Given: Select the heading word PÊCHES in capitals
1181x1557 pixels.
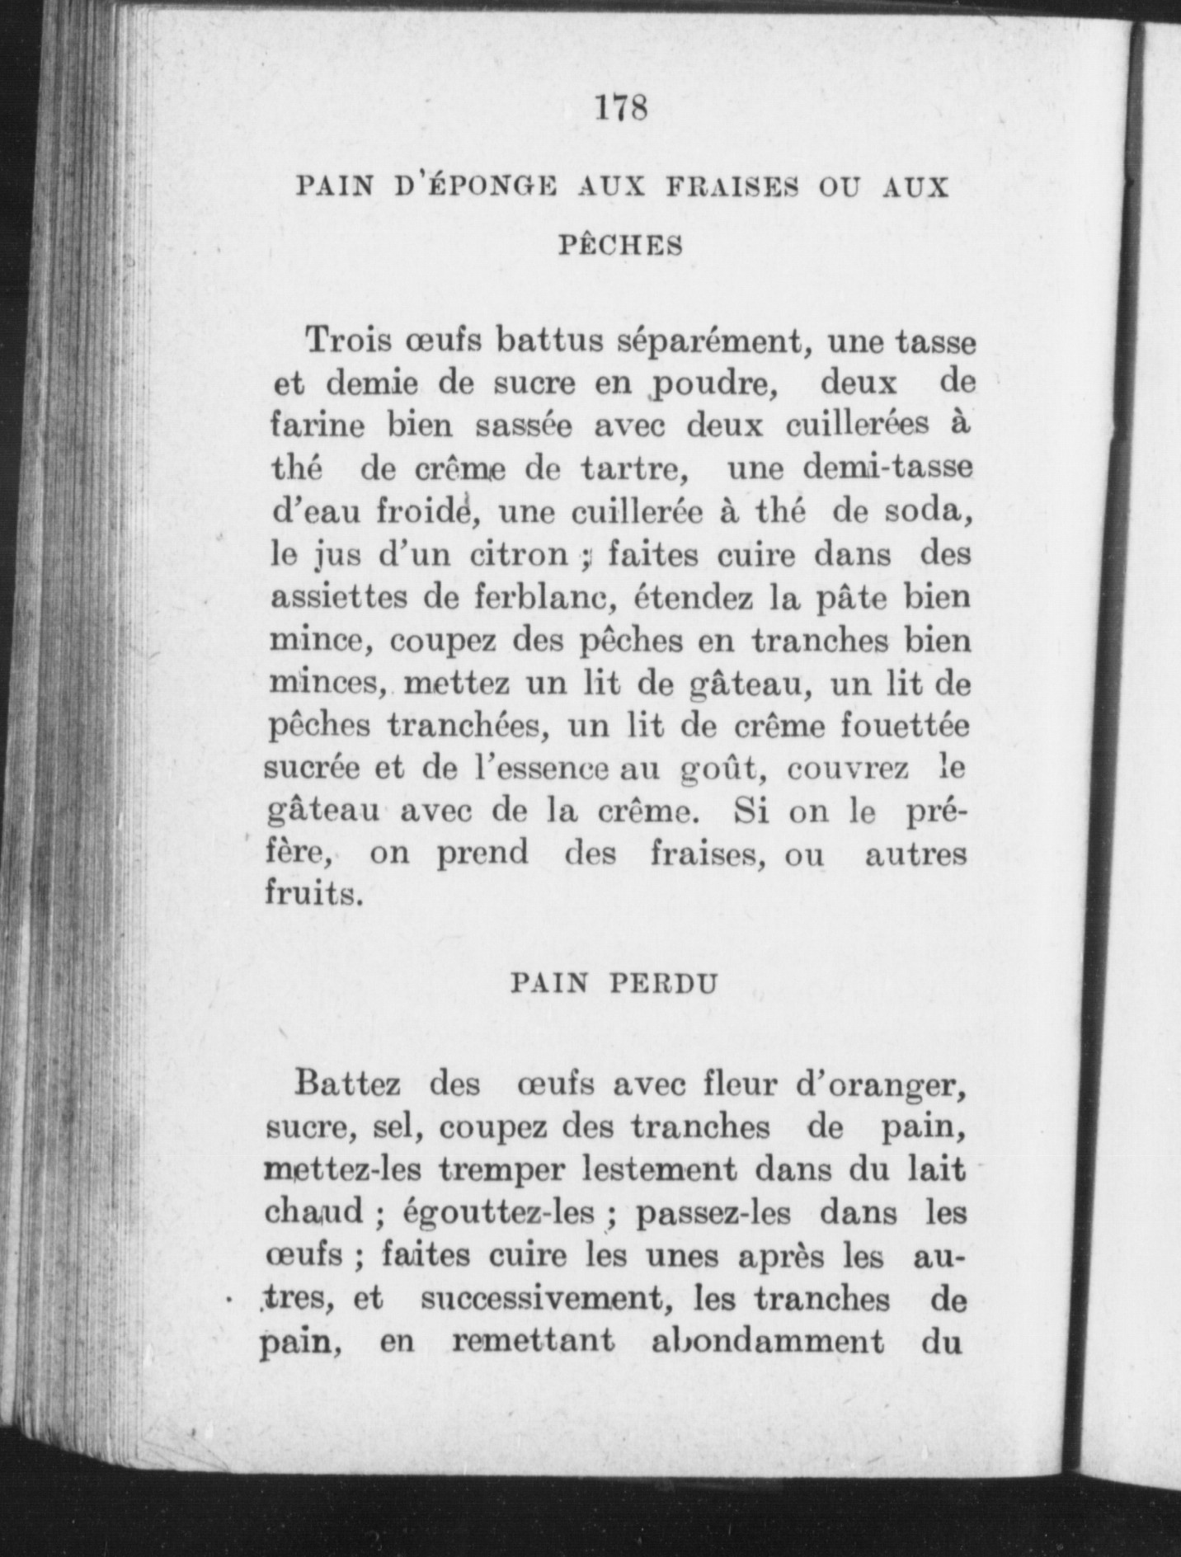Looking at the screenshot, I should click(621, 245).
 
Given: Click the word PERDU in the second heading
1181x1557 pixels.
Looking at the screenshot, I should click(666, 984).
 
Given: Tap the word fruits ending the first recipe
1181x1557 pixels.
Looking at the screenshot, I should click(313, 894).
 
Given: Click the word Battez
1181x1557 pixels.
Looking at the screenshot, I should click(347, 1083).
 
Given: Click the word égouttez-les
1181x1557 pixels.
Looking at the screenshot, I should click(499, 1212).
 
